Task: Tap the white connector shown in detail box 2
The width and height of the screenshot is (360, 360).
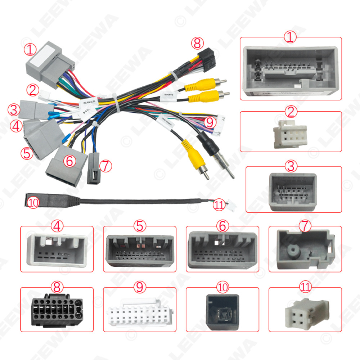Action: coord(290,136)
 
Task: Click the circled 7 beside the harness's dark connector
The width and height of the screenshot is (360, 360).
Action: coord(105,166)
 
